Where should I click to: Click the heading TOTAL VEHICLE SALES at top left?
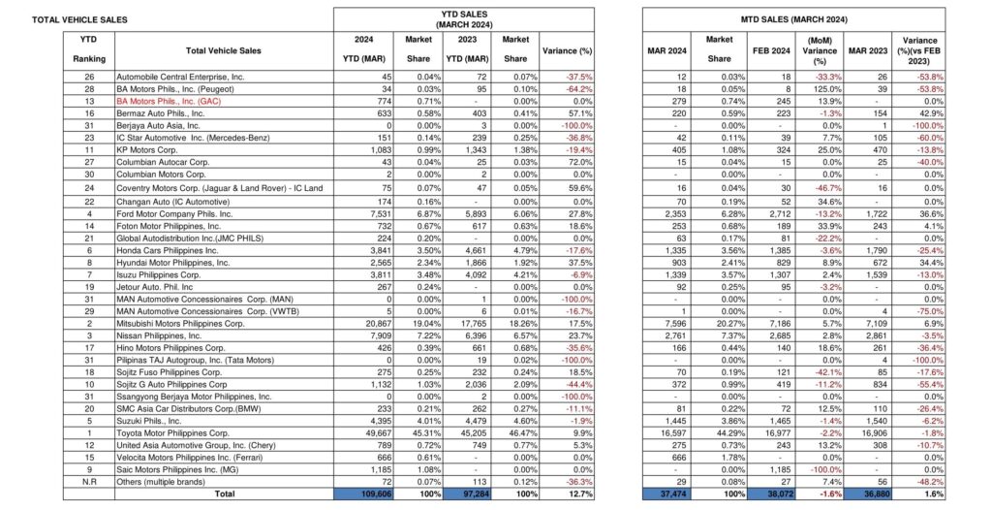[x=79, y=19]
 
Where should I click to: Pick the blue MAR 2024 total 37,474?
[x=669, y=494]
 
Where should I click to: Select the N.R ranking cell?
[x=89, y=480]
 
